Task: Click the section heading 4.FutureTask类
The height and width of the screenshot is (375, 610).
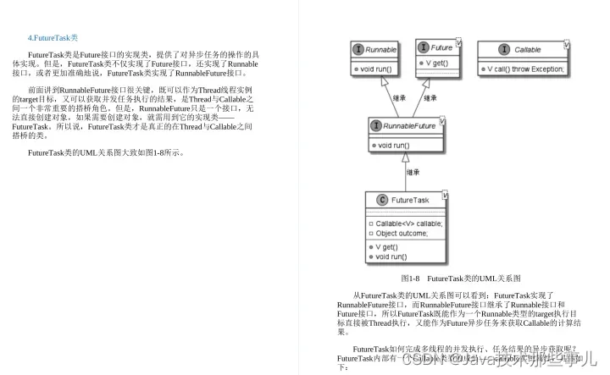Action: (53, 38)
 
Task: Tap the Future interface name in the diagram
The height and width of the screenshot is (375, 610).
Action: (441, 47)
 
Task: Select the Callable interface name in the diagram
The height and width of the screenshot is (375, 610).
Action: (528, 50)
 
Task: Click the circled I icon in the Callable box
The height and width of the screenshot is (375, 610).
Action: (504, 50)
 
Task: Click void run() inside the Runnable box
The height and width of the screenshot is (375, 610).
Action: (374, 68)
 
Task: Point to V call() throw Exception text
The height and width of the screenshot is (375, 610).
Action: (526, 68)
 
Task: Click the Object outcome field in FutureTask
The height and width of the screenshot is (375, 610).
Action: (402, 233)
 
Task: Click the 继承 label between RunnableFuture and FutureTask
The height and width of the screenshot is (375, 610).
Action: (413, 173)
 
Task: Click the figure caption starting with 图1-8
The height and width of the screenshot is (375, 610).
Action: (460, 278)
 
